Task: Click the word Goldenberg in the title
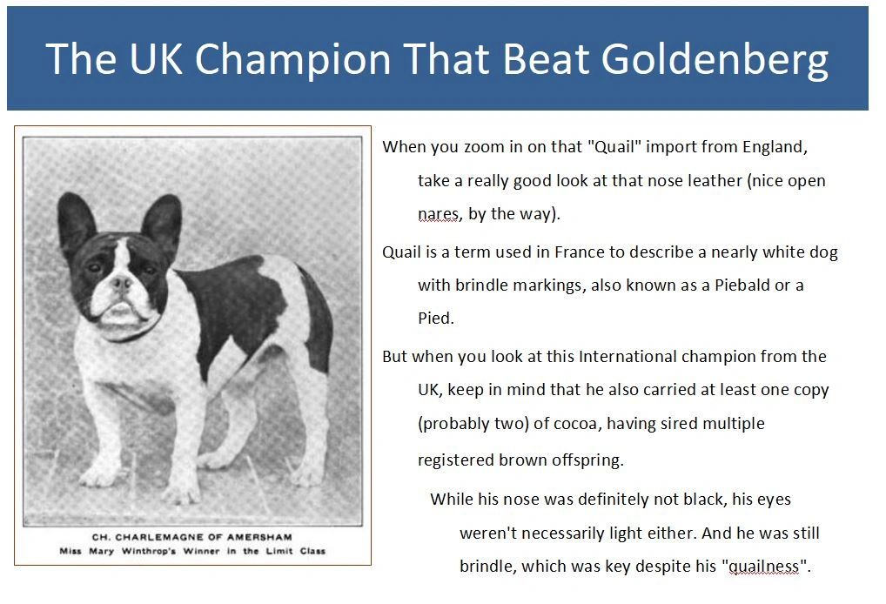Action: tap(715, 60)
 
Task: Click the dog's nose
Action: tap(120, 283)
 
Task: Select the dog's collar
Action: tap(129, 333)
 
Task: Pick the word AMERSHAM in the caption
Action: tap(260, 537)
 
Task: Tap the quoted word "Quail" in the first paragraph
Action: tap(614, 146)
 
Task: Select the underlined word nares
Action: tap(439, 215)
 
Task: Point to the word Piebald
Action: tap(742, 285)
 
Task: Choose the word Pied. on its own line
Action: tap(436, 319)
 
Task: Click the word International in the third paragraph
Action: tap(628, 357)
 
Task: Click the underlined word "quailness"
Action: tap(766, 567)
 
